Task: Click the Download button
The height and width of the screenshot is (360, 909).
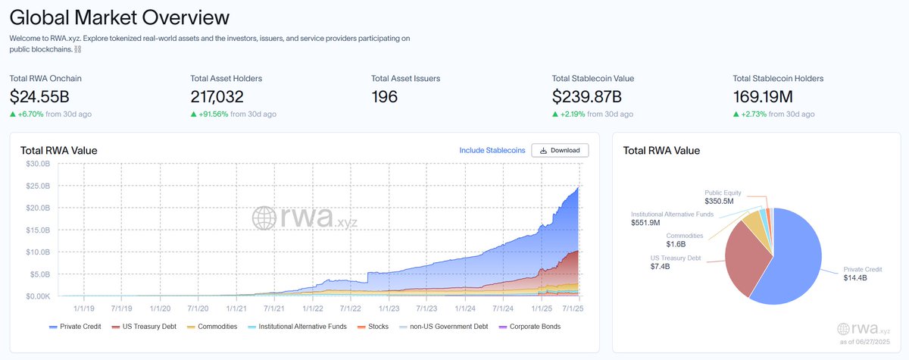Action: tap(560, 150)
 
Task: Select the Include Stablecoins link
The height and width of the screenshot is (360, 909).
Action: tap(492, 150)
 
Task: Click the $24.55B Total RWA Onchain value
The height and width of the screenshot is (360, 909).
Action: tap(41, 96)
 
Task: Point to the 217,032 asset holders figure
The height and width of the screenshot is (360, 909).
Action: tap(223, 96)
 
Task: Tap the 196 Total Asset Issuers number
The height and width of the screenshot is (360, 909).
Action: tap(385, 96)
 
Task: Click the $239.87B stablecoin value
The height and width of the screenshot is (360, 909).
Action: tap(587, 96)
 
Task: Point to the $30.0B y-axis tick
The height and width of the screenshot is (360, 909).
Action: tap(38, 164)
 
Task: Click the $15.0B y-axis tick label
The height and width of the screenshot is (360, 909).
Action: tap(38, 230)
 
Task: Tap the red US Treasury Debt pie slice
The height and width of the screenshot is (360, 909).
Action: tap(746, 258)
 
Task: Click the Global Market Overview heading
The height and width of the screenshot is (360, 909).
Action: tap(120, 17)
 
